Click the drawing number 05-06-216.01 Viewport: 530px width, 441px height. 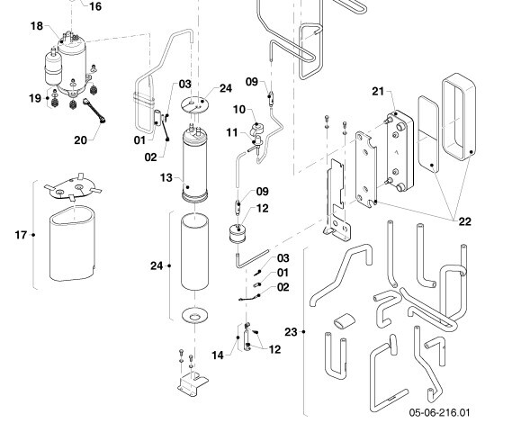click(x=439, y=412)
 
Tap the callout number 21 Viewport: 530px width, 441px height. click(x=378, y=91)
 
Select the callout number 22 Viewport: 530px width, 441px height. click(x=465, y=221)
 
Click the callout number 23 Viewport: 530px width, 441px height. click(x=291, y=332)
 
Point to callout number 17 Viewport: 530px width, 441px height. click(x=21, y=235)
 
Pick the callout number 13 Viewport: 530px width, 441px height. click(x=166, y=178)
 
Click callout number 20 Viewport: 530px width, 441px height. click(x=80, y=140)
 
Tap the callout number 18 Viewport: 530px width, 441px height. click(x=37, y=26)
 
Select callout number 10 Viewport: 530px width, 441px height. click(x=239, y=110)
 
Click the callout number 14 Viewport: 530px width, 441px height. click(x=218, y=355)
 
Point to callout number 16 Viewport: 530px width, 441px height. click(x=95, y=6)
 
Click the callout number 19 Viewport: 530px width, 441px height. click(x=35, y=98)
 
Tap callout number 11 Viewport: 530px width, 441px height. click(x=232, y=132)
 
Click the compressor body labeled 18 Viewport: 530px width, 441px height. click(x=72, y=64)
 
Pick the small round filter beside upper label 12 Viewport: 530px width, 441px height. click(x=238, y=233)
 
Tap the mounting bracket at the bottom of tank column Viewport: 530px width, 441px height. click(x=193, y=383)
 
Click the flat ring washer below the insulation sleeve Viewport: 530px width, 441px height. click(x=194, y=315)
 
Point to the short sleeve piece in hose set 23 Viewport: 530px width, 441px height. click(x=345, y=320)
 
